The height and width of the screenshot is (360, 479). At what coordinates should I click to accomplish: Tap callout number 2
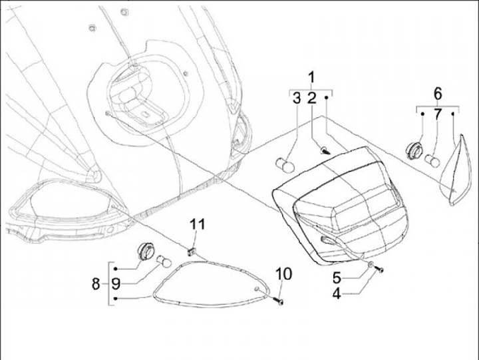(311, 99)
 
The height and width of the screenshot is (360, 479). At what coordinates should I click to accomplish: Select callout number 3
(296, 99)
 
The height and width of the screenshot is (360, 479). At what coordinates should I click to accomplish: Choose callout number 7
(438, 114)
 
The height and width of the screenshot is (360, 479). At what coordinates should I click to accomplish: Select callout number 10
(283, 273)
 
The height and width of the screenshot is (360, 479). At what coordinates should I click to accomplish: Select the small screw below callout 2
(325, 151)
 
